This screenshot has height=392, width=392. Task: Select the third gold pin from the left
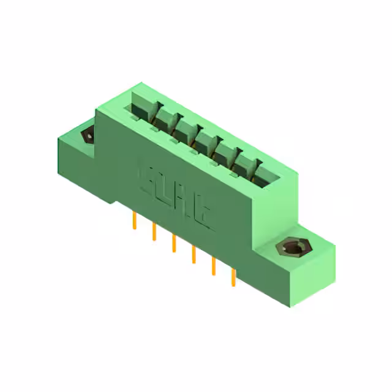(174, 243)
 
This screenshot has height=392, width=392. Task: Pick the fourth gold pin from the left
(194, 254)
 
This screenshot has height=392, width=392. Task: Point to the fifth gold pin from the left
(214, 266)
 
